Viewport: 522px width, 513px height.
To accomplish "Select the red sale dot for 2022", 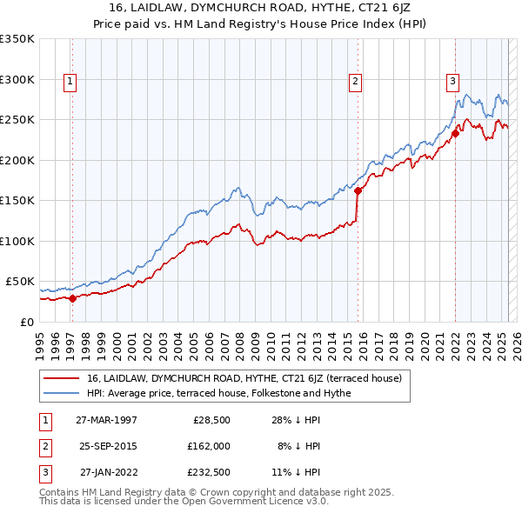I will tap(455, 134).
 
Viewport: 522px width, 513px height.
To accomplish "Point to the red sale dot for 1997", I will tap(72, 298).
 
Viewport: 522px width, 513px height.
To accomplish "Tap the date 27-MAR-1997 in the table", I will tap(106, 420).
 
